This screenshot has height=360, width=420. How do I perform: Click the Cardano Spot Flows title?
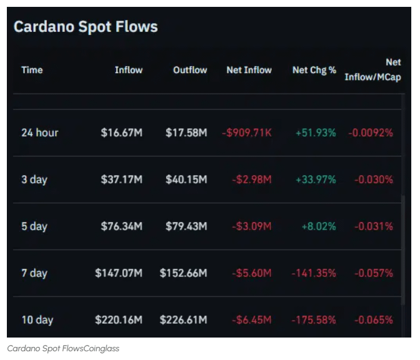coord(85,27)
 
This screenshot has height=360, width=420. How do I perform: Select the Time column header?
coord(32,70)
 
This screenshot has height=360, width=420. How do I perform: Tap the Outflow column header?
coord(190,70)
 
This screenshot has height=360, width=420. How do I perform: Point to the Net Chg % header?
coord(314,70)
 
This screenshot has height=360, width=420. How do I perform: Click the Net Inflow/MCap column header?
coord(373,70)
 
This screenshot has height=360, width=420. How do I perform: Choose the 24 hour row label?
coord(39,132)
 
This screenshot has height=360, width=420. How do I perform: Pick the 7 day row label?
coord(34,273)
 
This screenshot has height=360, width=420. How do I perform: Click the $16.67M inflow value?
coord(121,132)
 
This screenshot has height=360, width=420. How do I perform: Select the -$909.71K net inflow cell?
coord(247,132)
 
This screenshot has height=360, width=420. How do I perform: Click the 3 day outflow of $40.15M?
coord(186,180)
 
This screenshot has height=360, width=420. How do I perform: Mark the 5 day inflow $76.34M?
coord(121,226)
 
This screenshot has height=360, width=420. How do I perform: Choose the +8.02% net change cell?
coord(318,226)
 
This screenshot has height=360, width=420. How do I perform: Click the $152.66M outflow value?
coord(183,273)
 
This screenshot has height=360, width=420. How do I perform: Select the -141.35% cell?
coord(313,273)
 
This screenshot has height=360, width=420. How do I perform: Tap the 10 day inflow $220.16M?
coord(119,320)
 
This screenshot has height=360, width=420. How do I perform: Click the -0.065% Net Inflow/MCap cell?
coord(373,320)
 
